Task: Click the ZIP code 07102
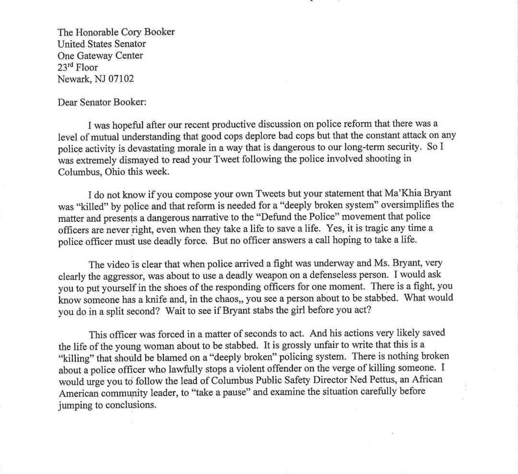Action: pyautogui.click(x=121, y=79)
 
